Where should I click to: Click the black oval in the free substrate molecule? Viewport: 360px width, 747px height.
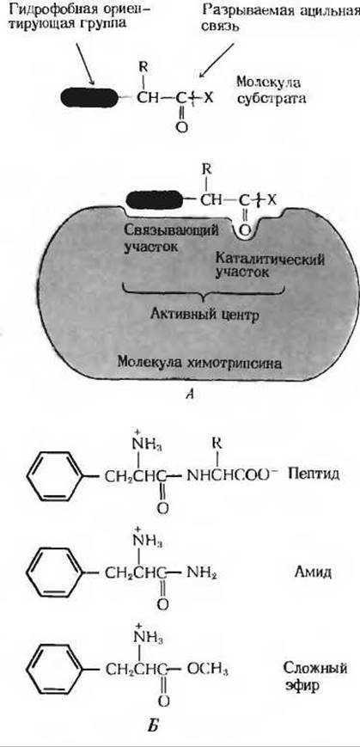[89, 98]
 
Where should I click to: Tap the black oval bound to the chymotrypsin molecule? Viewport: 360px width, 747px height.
[154, 200]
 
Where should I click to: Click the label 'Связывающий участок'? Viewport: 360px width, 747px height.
[172, 239]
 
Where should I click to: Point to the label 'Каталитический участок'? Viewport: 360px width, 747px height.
[270, 266]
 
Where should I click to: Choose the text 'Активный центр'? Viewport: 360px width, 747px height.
[202, 315]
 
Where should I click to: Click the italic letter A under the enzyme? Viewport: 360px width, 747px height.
[190, 393]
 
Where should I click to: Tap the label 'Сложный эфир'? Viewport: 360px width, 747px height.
[314, 678]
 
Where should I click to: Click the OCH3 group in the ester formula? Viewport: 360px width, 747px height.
[208, 670]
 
